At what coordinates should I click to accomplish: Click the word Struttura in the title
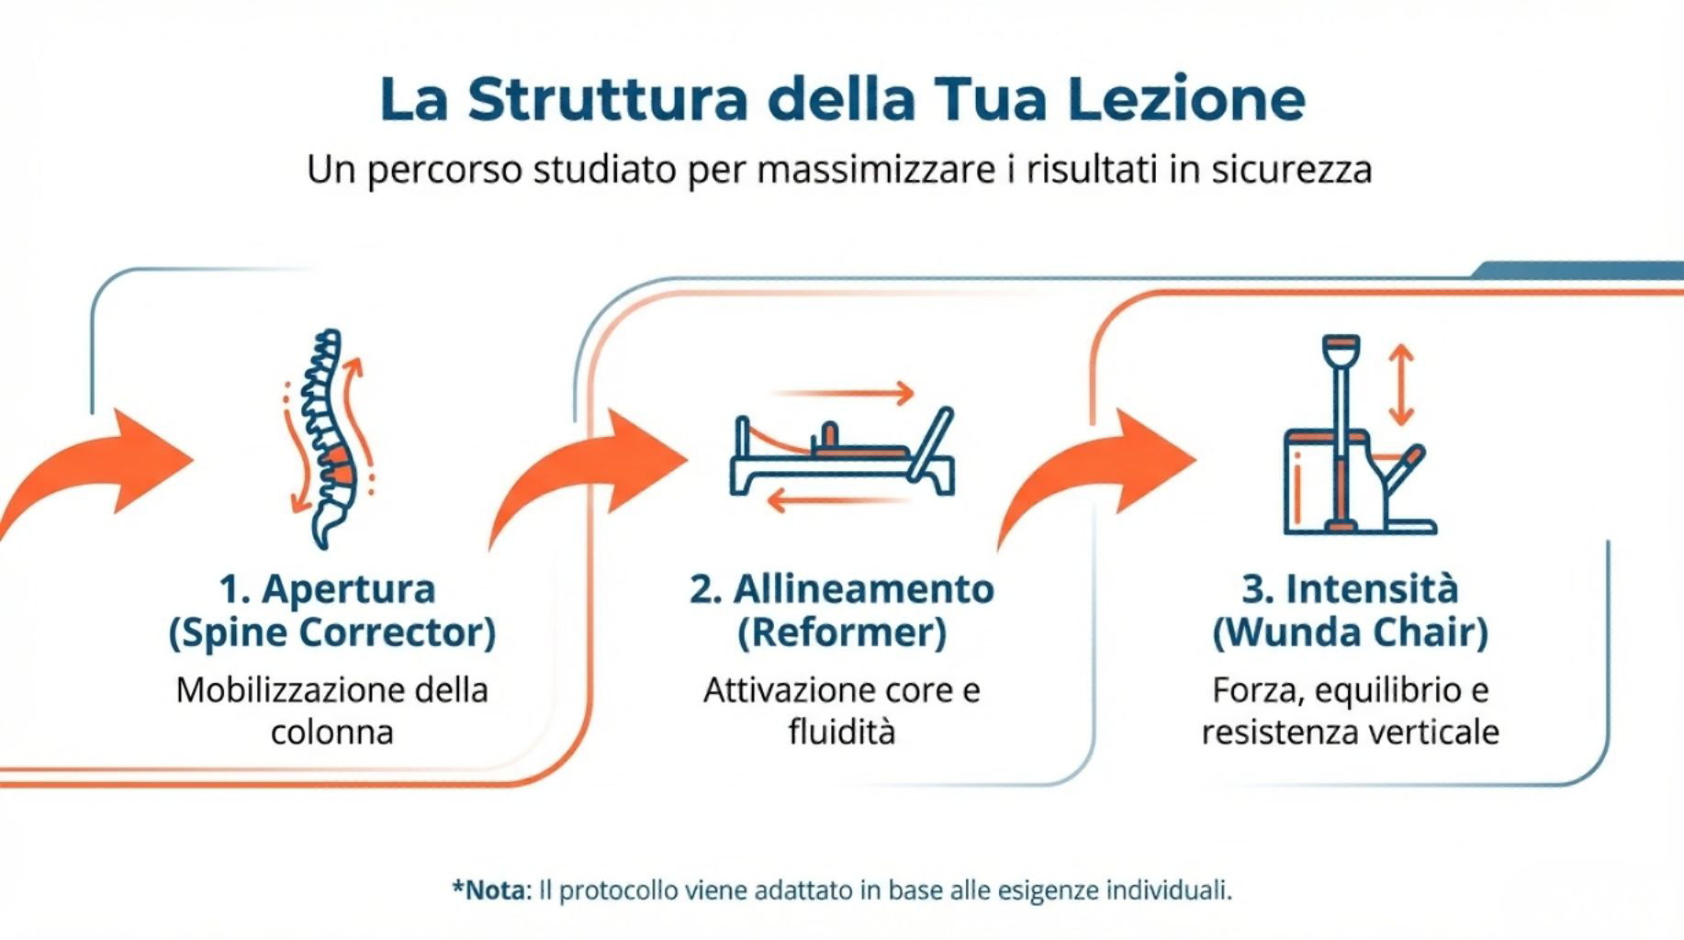tap(607, 98)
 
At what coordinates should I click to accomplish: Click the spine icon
tap(329, 439)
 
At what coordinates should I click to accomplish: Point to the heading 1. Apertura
tap(327, 589)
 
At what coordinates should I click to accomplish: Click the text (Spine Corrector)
tap(331, 632)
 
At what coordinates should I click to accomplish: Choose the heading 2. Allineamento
tap(842, 589)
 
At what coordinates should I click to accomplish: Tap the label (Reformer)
tap(842, 632)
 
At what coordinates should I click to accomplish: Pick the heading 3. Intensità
tap(1350, 588)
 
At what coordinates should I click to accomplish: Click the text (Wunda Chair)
tap(1350, 632)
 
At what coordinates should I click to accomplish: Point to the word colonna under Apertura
tap(331, 733)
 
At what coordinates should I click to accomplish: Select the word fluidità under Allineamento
tap(842, 733)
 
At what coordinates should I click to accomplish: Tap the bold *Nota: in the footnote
tap(492, 890)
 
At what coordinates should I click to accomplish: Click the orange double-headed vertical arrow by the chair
tap(1400, 385)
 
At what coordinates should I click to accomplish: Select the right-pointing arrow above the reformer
tap(843, 393)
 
